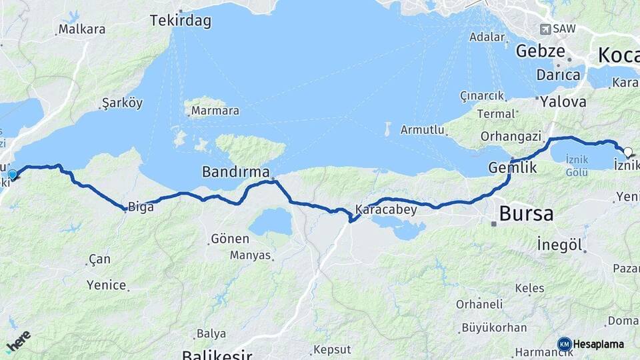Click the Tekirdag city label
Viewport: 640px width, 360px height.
pos(181,21)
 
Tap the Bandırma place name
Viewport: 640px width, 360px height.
pos(235,172)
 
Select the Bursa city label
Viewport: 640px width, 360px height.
pos(526,214)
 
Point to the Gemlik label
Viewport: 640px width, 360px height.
pos(513,168)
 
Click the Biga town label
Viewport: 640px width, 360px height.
pos(141,207)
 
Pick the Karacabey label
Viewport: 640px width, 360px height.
pos(386,209)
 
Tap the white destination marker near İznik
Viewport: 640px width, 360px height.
pos(627,152)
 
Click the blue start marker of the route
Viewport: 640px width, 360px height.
pos(12,175)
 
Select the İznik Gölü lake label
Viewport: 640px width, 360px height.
pos(576,165)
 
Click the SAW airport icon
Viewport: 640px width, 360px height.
pos(545,29)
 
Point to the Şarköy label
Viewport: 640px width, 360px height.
pos(122,103)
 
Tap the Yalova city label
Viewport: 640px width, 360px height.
pos(563,102)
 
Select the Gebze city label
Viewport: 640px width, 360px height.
pos(540,51)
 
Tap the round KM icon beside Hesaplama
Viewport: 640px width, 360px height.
pos(564,344)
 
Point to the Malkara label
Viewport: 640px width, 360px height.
pos(81,29)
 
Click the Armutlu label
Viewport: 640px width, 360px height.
pos(422,130)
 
